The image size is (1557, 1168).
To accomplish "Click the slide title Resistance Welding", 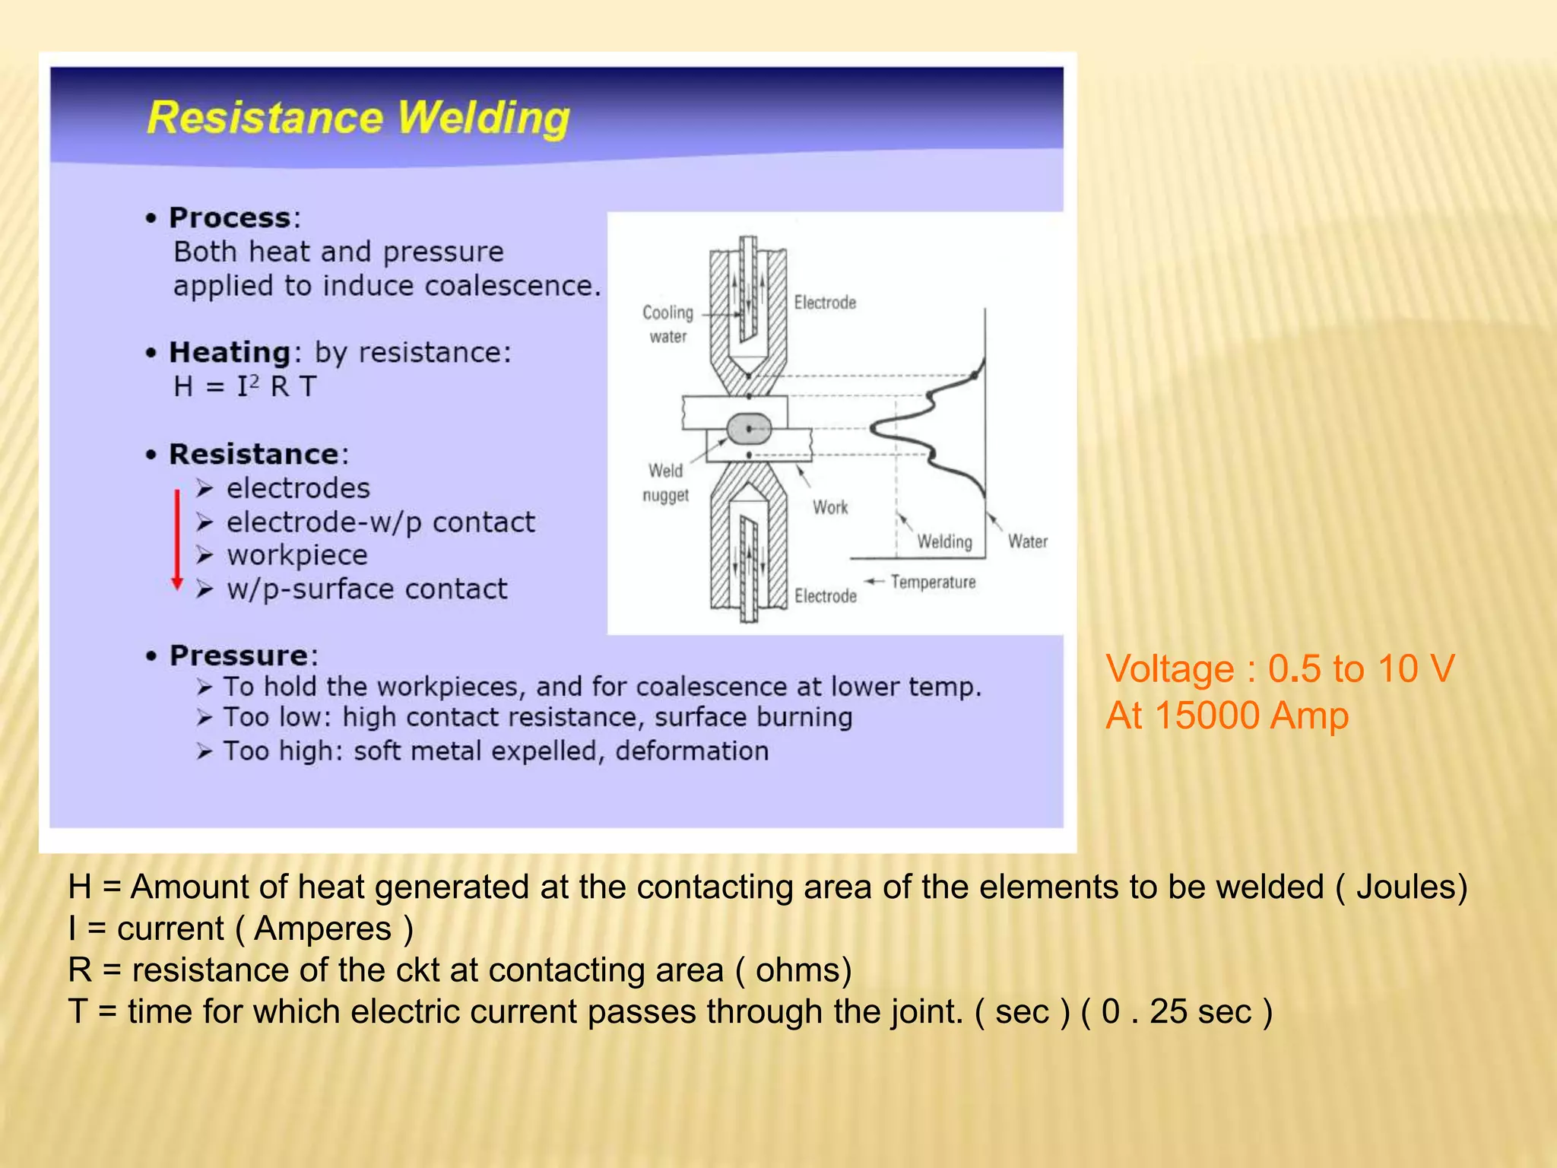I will (x=358, y=118).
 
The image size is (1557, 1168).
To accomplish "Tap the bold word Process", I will (x=230, y=218).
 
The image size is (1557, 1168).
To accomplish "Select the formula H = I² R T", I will (x=244, y=386).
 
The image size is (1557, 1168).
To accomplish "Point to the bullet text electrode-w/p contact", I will (x=380, y=522).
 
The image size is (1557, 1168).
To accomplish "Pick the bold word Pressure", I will (x=238, y=655).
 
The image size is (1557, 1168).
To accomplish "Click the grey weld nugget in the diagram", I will (x=749, y=429).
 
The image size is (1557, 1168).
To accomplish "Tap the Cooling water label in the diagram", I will (x=668, y=324).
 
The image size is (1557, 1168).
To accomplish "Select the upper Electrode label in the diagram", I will (x=825, y=303).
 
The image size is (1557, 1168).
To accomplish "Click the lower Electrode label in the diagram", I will (x=825, y=596).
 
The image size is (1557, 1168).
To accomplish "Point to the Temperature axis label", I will (x=933, y=582).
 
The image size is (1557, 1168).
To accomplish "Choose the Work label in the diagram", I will (x=830, y=508).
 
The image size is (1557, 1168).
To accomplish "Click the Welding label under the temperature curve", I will (x=944, y=542).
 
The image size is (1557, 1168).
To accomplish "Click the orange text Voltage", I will (x=1169, y=669).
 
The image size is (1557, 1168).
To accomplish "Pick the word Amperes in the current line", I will (x=322, y=929).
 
